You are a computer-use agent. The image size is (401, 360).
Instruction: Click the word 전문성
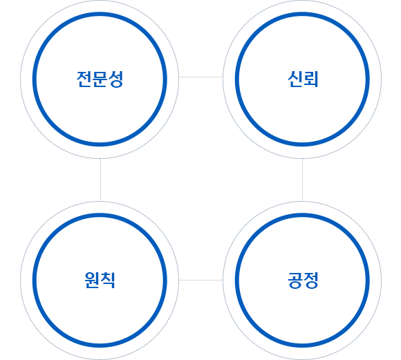[x=100, y=79]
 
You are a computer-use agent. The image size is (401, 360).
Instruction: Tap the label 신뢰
[x=303, y=79]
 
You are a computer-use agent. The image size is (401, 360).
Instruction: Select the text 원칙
[x=100, y=281]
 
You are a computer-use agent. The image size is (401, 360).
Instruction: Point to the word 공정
[x=303, y=281]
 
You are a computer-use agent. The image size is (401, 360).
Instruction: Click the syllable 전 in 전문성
[x=84, y=79]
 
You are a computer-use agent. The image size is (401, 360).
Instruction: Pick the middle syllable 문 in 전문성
[x=100, y=79]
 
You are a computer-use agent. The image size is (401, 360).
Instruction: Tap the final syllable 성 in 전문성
[x=116, y=79]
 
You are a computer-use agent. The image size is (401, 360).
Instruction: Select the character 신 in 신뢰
[x=295, y=79]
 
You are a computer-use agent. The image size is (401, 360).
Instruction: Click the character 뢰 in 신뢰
[x=310, y=79]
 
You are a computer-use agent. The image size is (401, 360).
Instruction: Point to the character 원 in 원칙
[x=92, y=281]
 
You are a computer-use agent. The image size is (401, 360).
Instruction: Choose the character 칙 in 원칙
[x=108, y=281]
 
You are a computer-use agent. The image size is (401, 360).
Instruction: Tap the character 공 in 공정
[x=295, y=281]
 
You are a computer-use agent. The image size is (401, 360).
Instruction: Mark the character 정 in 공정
[x=310, y=281]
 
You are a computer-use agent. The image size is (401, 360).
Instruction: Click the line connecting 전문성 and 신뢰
[x=201, y=77]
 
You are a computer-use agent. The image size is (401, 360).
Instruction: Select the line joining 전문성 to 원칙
[x=100, y=180]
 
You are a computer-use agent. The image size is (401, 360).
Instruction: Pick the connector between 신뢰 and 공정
[x=303, y=180]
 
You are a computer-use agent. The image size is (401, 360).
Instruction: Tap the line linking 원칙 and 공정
[x=201, y=281]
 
